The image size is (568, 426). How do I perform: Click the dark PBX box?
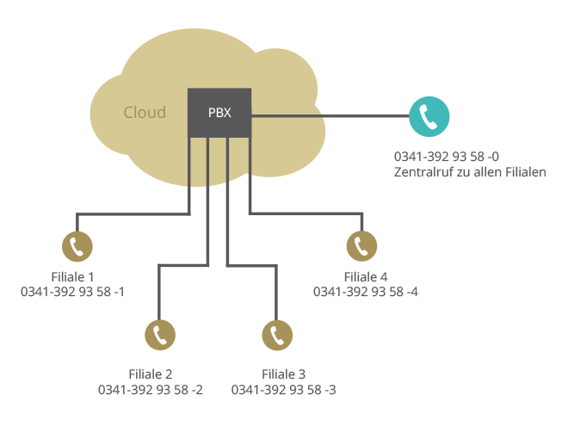click(x=219, y=113)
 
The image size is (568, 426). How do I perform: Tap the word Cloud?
click(x=145, y=112)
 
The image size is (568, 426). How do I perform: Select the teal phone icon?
click(x=429, y=116)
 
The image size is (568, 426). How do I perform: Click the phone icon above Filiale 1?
click(x=77, y=246)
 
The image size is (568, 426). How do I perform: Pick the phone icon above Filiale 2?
click(x=160, y=335)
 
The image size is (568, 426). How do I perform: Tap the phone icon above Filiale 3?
click(x=277, y=335)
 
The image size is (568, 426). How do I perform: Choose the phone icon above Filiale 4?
click(x=361, y=246)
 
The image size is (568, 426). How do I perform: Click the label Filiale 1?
click(x=73, y=277)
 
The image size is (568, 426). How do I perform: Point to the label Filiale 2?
click(x=151, y=374)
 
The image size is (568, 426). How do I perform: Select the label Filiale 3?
click(x=284, y=374)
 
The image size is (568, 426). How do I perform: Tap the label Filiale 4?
click(x=366, y=277)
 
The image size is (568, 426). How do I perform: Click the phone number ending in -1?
click(x=72, y=292)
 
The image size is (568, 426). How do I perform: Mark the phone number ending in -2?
click(x=151, y=390)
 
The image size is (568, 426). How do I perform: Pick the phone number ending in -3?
click(x=284, y=390)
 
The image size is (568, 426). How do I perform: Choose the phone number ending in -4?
click(x=366, y=292)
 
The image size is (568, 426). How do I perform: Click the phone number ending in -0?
click(x=447, y=157)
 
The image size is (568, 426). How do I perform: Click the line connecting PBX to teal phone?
click(x=330, y=116)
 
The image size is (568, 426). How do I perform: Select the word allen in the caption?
click(x=488, y=172)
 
